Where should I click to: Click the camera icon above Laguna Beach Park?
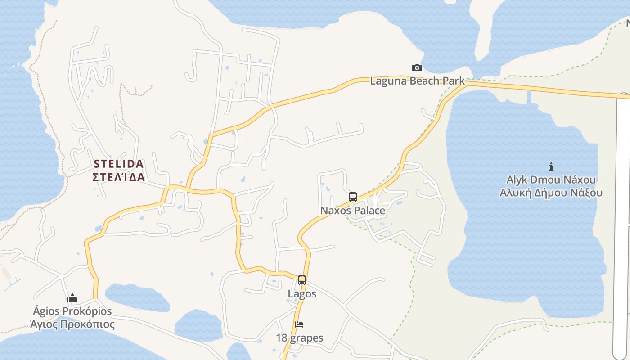(x=417, y=68)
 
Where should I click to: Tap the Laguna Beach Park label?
(x=417, y=81)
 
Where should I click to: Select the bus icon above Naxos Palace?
(x=353, y=197)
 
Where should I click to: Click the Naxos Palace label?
(x=353, y=211)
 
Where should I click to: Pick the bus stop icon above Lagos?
(x=302, y=280)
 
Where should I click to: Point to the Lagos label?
(x=302, y=294)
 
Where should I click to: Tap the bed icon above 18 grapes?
(x=300, y=324)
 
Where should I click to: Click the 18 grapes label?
(x=300, y=338)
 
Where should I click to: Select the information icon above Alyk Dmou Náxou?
(x=551, y=167)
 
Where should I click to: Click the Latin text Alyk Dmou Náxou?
(x=551, y=180)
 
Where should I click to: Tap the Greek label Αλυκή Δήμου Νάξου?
(x=551, y=193)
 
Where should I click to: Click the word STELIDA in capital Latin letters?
(x=119, y=164)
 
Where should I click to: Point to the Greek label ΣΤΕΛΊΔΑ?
(x=119, y=177)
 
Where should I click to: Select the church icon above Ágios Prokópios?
(x=72, y=298)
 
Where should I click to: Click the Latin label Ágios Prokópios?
(x=72, y=311)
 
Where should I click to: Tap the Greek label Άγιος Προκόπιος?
(x=72, y=324)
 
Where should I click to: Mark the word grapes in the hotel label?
(x=307, y=338)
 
